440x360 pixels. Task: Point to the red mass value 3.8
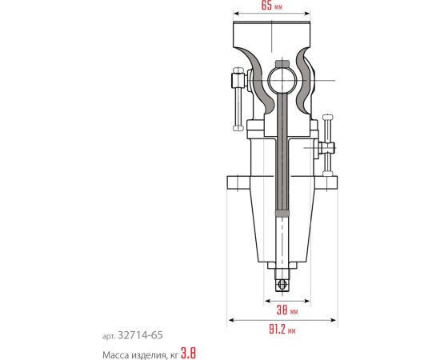187,351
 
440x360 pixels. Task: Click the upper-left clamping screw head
237,79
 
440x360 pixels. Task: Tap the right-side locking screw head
326,148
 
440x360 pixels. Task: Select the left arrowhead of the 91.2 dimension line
231,319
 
